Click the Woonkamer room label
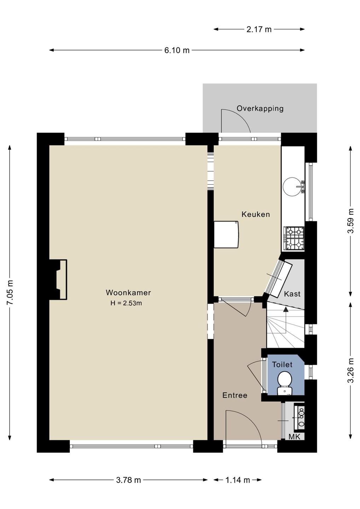[128, 292]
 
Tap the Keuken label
[256, 214]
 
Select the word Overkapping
[260, 109]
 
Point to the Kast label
[292, 294]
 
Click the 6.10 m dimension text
[177, 50]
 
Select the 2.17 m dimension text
[259, 29]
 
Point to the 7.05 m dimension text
[10, 293]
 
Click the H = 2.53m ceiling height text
[126, 303]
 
